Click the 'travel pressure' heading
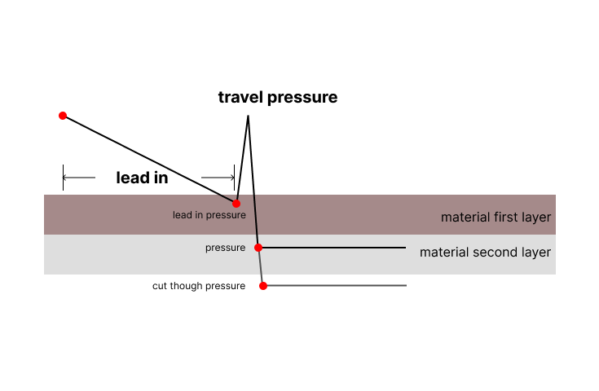coord(278,98)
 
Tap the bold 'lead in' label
coord(142,178)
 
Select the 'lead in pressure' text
coord(209,215)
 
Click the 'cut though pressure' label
coord(199,286)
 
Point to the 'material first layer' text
coord(495,217)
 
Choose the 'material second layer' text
coord(485,253)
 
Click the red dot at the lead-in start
coord(63,116)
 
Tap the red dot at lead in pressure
coord(236,204)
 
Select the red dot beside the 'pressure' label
coord(258,248)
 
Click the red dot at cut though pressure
coord(263,286)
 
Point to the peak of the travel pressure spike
coord(249,116)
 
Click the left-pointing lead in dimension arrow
coord(79,178)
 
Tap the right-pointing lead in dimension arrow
coord(218,178)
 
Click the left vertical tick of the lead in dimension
coord(63,178)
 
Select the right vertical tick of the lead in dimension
coord(234,178)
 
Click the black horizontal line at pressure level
coord(333,248)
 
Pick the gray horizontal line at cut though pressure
coord(335,285)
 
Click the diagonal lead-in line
coord(150,160)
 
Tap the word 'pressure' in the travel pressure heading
coord(302,99)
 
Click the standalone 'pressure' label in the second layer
coord(226,248)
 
